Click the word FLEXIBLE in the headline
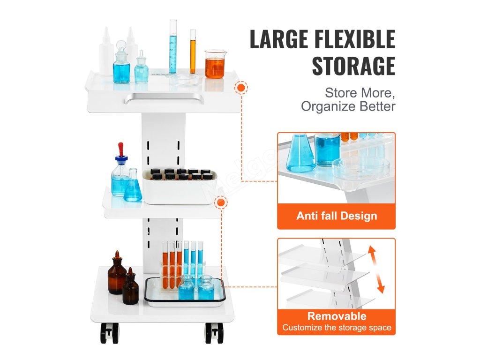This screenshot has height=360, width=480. click(x=355, y=39)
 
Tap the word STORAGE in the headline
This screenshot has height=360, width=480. click(x=353, y=66)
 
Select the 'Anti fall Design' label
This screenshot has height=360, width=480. click(x=337, y=216)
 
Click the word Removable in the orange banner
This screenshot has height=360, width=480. click(x=337, y=316)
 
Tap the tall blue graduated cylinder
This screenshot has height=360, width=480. click(x=173, y=47)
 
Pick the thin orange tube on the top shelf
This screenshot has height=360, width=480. click(x=193, y=52)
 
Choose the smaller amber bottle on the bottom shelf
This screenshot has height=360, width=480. click(x=130, y=288)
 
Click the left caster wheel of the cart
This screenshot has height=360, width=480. click(x=109, y=333)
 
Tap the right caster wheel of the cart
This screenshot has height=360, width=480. click(x=214, y=333)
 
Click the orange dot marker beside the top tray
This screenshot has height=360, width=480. click(x=242, y=88)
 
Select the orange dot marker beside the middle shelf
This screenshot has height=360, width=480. click(x=220, y=203)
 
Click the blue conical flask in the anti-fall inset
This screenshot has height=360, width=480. click(x=300, y=154)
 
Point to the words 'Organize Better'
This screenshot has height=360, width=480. click(x=348, y=106)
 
